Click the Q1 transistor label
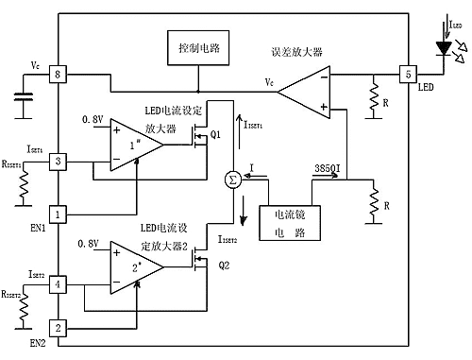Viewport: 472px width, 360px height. (x=216, y=134)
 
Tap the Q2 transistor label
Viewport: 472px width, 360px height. (x=223, y=265)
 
